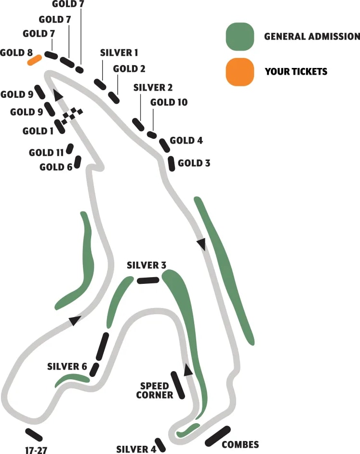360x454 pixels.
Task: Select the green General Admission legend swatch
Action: coord(240,36)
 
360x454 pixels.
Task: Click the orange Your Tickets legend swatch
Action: coord(240,71)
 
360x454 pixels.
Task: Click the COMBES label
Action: coord(240,444)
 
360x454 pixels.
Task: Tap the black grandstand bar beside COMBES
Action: coord(218,436)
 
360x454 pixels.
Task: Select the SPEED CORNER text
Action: coord(155,390)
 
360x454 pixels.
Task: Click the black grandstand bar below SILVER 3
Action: coord(148,280)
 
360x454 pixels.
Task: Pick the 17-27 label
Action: coord(36,451)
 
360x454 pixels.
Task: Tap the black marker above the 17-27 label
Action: coord(34,434)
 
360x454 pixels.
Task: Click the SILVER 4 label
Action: coord(136,449)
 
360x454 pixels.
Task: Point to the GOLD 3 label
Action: coord(194,163)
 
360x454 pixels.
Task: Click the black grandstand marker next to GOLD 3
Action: coord(171,163)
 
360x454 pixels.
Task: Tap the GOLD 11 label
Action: coord(46,153)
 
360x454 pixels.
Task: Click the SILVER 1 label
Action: coord(119,52)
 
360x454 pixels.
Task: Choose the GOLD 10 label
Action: coord(169,102)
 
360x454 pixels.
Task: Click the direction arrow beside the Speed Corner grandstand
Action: coord(188,370)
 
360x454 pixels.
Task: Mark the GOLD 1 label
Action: coord(38,131)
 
